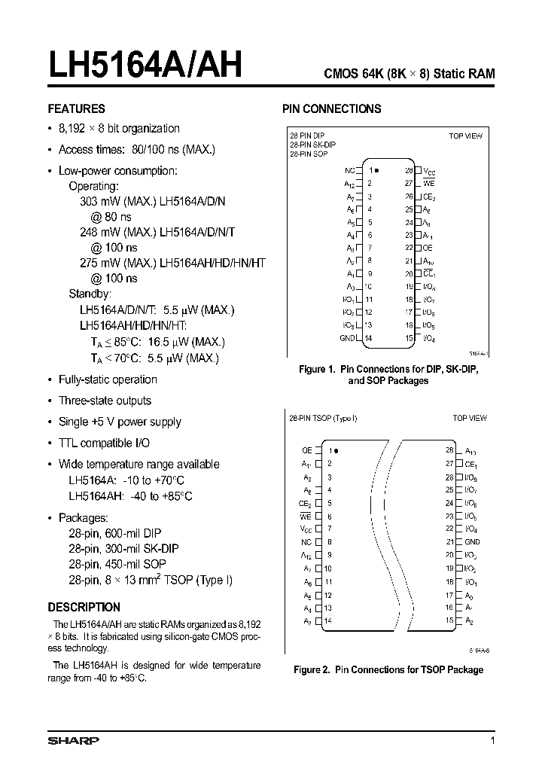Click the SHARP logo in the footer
pos(73,741)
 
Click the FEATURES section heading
pos(76,108)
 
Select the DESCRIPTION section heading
pos(84,607)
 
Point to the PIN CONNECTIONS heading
pos(331,108)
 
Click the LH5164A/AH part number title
pos(145,66)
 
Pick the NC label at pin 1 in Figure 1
pos(349,171)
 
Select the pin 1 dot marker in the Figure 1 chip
pos(376,171)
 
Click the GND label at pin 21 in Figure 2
pos(471,541)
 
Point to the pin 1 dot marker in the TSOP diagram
pos(336,450)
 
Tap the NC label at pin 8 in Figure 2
pos(306,541)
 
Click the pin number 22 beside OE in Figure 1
pos(409,247)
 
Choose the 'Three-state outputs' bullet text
pos(105,401)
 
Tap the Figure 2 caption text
pos(388,669)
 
